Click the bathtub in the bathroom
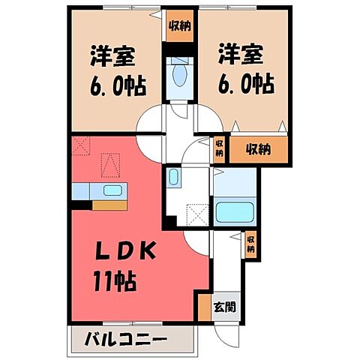[236, 210]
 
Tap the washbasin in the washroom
[173, 178]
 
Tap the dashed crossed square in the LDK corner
[81, 144]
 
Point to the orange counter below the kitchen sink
[109, 204]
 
